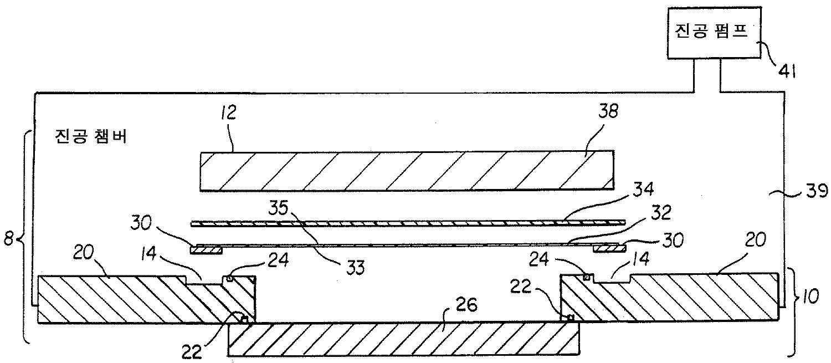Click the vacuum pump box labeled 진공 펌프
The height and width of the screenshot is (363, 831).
pos(713,33)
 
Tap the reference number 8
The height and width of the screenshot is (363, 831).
pos(8,241)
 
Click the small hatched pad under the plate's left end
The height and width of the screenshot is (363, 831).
pos(206,250)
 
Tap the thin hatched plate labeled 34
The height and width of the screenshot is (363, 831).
pos(407,223)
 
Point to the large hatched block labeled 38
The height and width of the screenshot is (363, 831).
pos(407,170)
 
